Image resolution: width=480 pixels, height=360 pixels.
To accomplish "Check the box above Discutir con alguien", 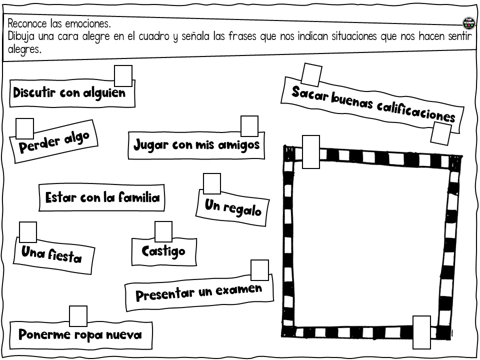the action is (x=123, y=76).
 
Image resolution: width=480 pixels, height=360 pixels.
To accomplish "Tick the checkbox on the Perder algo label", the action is (x=25, y=128).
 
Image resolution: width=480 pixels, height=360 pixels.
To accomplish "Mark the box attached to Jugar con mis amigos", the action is (x=249, y=126).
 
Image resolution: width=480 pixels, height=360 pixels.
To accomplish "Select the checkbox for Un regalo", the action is (x=212, y=183).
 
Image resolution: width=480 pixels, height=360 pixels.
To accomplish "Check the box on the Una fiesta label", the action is (x=28, y=232).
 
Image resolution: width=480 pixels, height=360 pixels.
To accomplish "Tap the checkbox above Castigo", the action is (x=163, y=231).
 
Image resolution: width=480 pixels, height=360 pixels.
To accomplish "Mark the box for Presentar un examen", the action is (x=260, y=270).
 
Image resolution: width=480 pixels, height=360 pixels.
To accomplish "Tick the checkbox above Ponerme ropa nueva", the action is (x=78, y=316).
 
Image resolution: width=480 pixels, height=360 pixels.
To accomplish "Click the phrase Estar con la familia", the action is (x=102, y=197).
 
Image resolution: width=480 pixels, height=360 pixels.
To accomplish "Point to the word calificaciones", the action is (x=416, y=112).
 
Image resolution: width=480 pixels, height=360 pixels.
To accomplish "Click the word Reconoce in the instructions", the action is (x=27, y=23).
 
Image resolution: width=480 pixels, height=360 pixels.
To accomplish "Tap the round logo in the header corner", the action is (x=468, y=23).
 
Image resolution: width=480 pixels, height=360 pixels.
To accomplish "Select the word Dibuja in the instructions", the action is (x=21, y=36).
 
